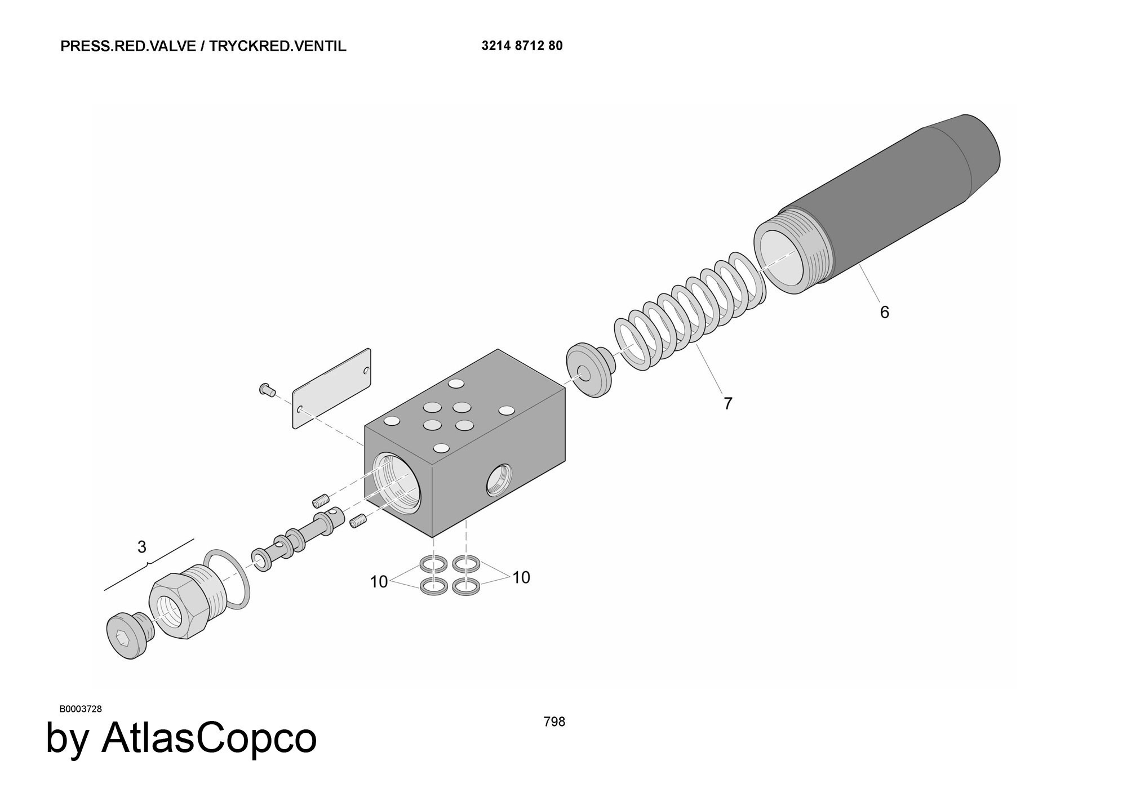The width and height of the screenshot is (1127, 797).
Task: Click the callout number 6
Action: tap(884, 312)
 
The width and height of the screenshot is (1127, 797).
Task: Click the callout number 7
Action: tap(727, 403)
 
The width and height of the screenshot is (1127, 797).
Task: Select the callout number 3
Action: tap(141, 547)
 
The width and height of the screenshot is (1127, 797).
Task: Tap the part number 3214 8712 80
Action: tap(522, 46)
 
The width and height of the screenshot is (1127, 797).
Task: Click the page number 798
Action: tap(554, 722)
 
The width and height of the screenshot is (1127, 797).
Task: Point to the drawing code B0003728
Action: tap(81, 709)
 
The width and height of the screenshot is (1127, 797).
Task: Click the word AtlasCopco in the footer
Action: tap(209, 737)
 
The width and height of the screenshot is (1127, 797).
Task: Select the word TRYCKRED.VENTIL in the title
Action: tap(278, 46)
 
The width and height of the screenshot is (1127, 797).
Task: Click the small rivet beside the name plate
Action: tap(267, 388)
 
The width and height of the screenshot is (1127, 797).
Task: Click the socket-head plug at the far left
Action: tap(128, 634)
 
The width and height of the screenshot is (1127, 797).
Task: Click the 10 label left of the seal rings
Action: tap(379, 582)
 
